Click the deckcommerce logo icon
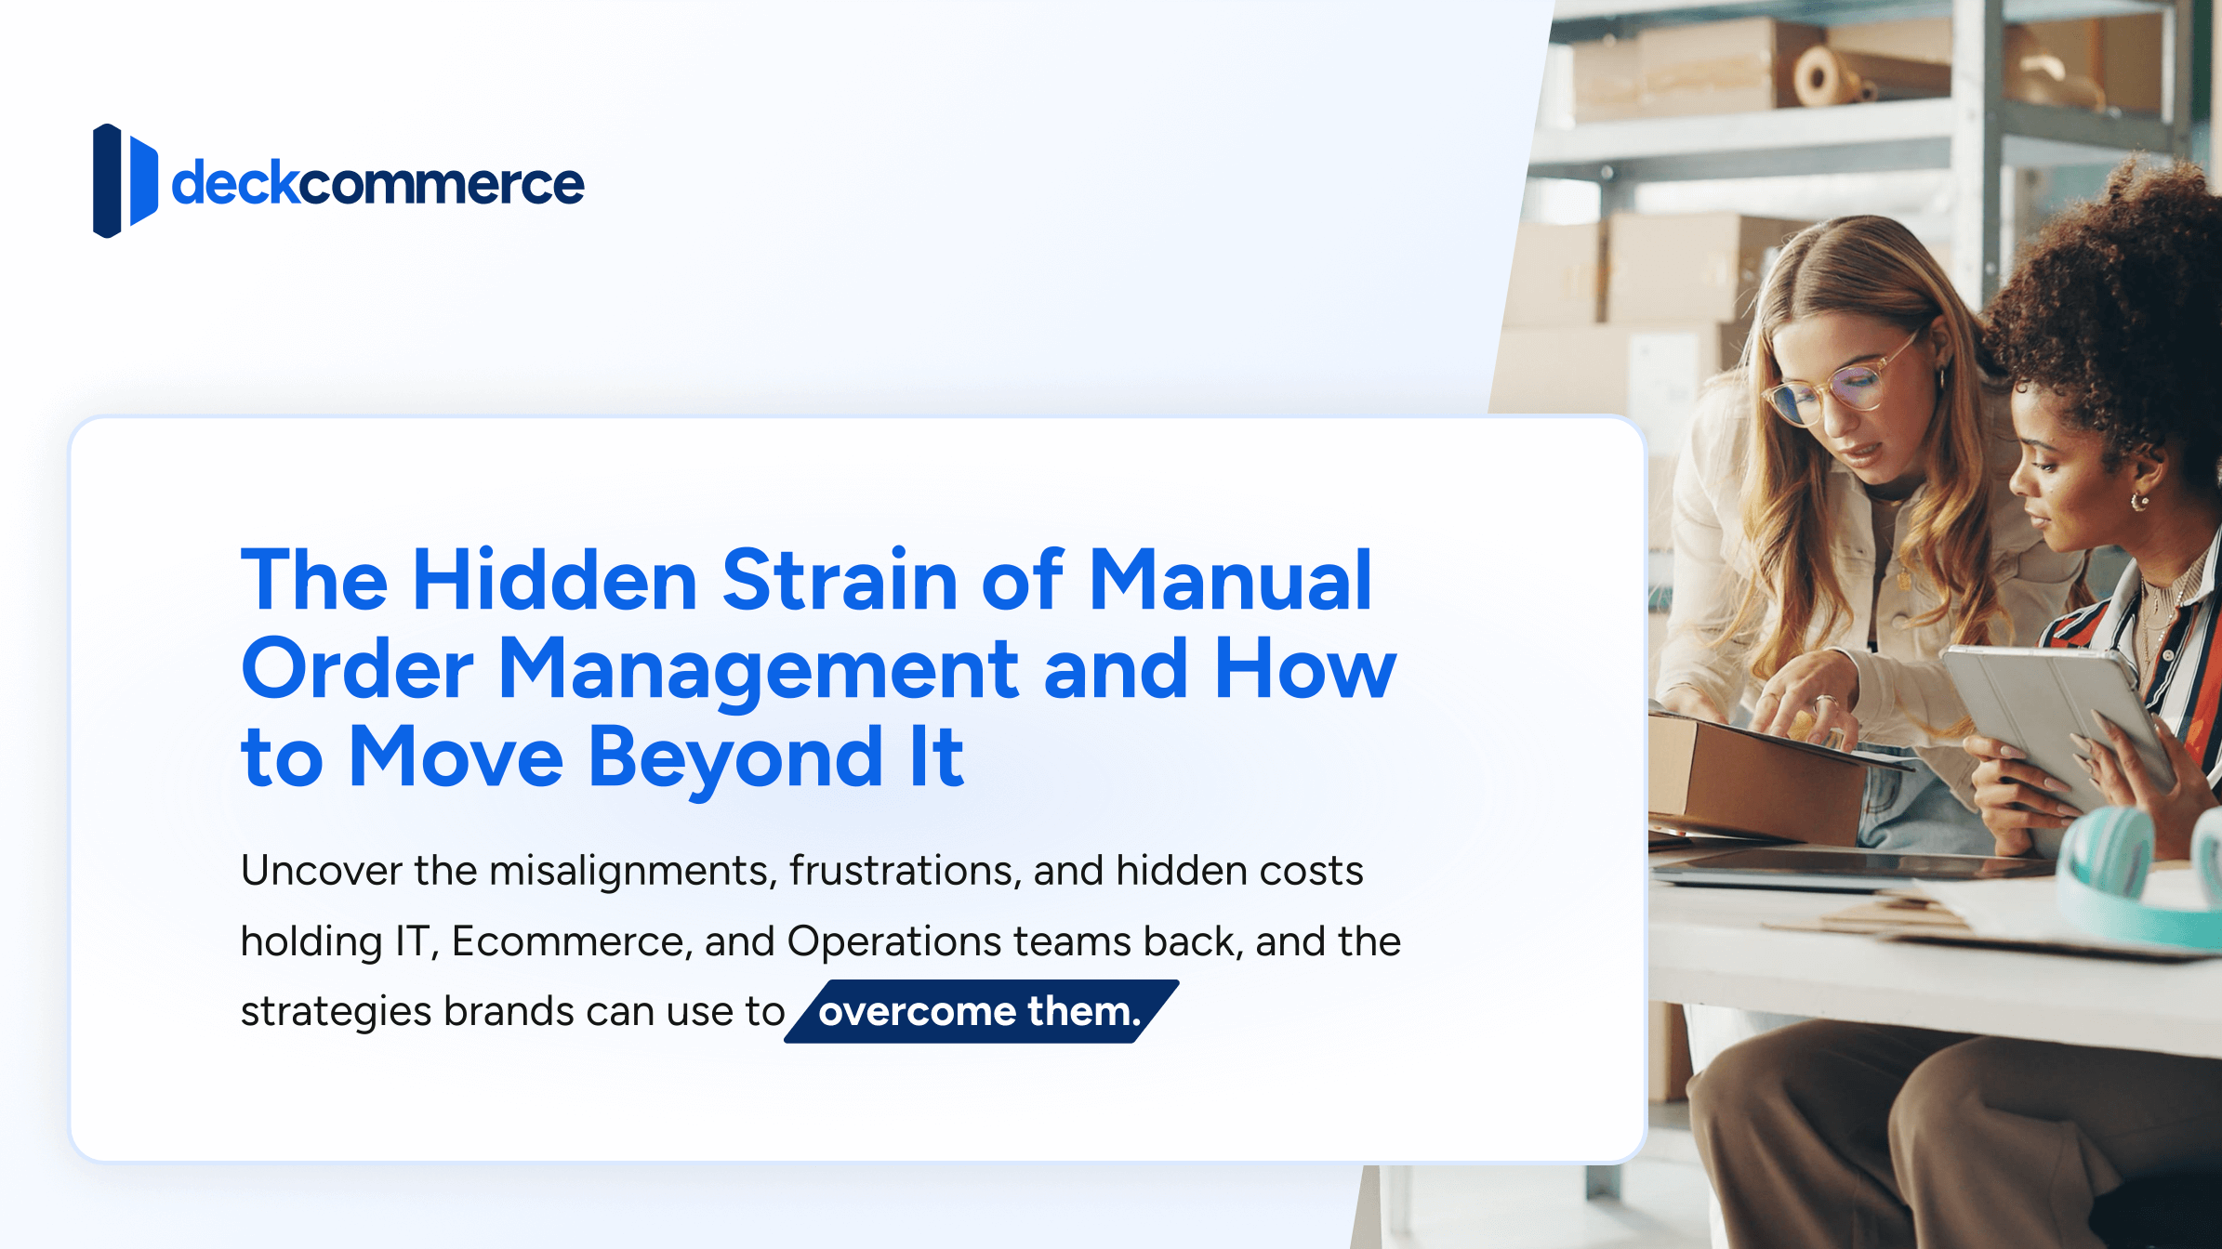point(125,180)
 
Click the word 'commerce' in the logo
point(441,184)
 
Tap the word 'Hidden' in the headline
point(554,581)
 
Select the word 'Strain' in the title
point(840,581)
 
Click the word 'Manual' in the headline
point(1229,581)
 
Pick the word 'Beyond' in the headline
point(734,758)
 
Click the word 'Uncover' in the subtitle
point(320,871)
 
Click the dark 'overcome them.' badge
point(980,1011)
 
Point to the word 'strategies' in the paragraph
point(336,1012)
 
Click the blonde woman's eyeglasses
point(1836,387)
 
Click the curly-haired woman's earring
point(2139,502)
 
